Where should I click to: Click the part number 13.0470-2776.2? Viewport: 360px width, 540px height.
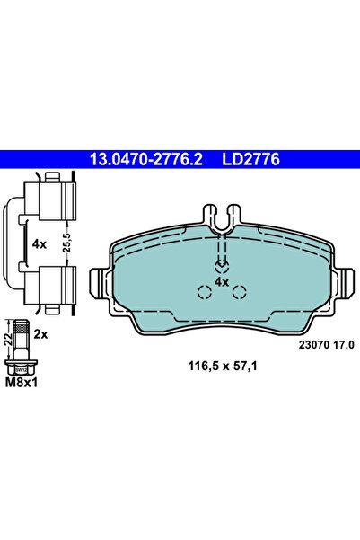pos(145,160)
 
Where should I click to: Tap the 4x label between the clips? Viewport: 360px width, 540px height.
pos(39,244)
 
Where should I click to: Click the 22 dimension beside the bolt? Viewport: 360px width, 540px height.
pos(8,339)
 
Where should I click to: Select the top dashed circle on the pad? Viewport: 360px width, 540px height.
pos(221,266)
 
